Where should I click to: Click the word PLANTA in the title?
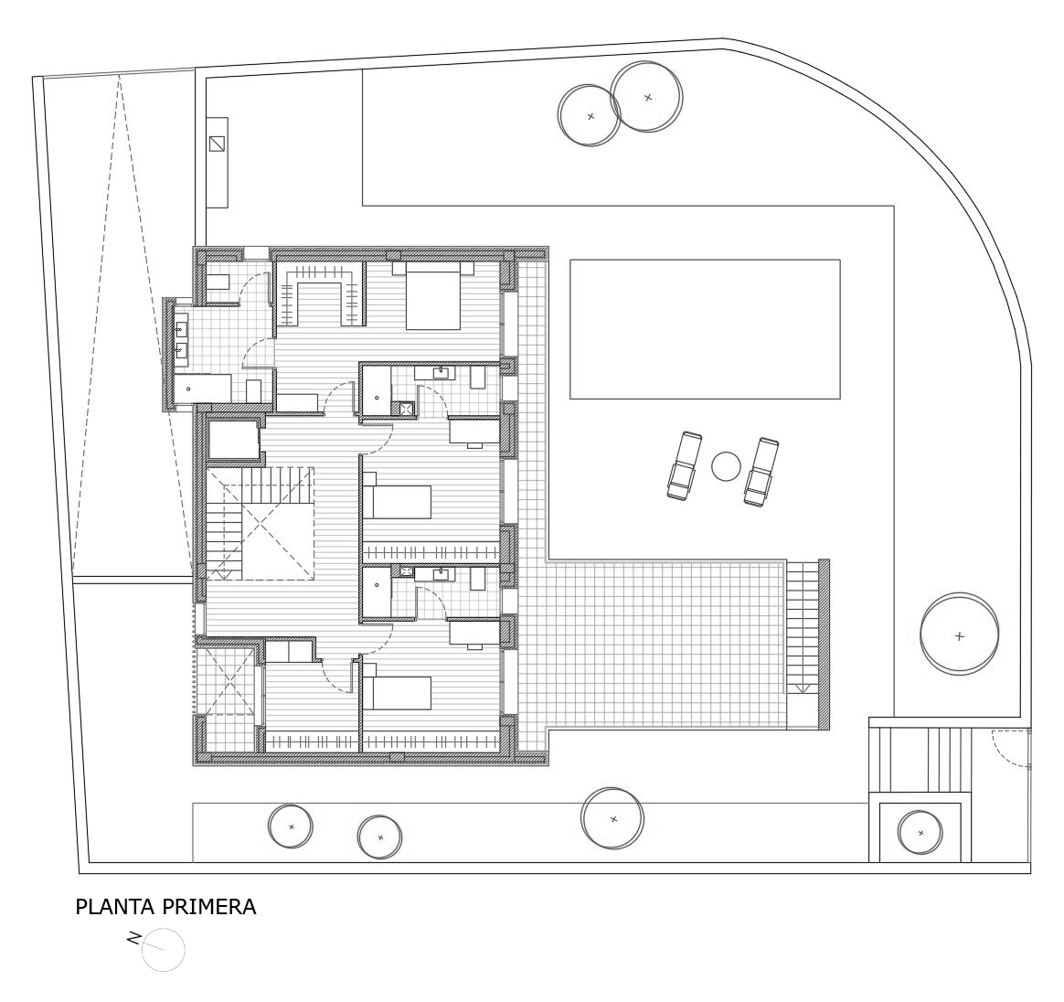click(x=113, y=907)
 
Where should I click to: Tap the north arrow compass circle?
click(x=164, y=950)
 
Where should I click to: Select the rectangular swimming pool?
click(x=705, y=328)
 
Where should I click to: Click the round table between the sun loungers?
click(x=726, y=466)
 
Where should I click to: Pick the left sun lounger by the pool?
click(x=684, y=465)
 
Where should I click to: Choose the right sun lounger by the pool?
click(x=761, y=471)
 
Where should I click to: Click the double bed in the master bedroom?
click(x=433, y=296)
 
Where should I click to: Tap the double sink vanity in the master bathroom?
click(x=181, y=340)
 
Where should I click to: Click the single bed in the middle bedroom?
click(x=397, y=502)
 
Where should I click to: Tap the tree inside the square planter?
click(x=920, y=833)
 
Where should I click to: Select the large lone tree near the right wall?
click(x=960, y=635)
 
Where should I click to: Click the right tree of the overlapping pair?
click(x=646, y=96)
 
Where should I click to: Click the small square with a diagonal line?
click(x=217, y=144)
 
